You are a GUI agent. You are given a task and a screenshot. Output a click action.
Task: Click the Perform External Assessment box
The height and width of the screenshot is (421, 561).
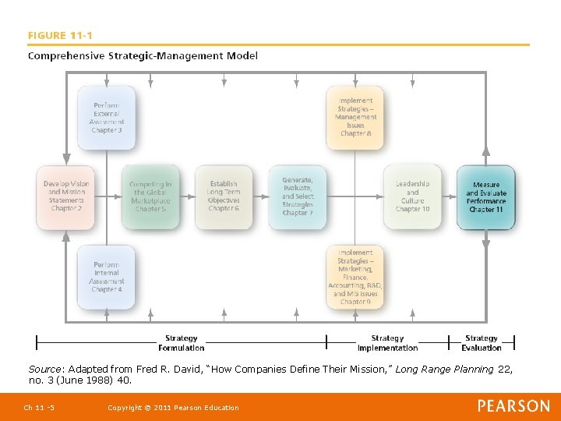tap(107, 118)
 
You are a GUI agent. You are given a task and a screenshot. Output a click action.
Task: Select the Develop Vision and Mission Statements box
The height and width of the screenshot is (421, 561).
tap(66, 196)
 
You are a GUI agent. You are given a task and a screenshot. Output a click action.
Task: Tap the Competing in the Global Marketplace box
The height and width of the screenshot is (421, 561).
tap(150, 196)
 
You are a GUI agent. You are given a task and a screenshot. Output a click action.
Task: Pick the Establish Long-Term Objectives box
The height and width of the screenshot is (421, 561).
tap(224, 196)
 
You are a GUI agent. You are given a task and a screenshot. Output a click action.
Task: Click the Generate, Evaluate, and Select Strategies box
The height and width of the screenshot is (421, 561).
tap(297, 196)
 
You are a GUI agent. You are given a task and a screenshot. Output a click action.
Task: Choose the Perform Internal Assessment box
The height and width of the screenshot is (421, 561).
tap(107, 277)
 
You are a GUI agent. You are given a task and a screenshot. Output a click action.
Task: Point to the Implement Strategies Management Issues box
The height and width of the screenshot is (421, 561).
tap(355, 118)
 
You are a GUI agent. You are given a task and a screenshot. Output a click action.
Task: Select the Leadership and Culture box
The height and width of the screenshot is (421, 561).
tap(412, 196)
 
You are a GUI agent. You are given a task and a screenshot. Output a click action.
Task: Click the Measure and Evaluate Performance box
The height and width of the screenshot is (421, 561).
tap(486, 196)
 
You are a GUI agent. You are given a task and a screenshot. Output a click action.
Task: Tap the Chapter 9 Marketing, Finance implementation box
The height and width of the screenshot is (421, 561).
tap(355, 277)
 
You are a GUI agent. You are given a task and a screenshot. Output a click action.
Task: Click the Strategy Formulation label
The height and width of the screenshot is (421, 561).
tap(182, 343)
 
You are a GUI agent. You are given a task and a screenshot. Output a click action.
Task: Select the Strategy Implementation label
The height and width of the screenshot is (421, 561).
tap(387, 343)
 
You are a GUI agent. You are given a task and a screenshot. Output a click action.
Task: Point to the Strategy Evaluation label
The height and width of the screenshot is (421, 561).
tap(482, 343)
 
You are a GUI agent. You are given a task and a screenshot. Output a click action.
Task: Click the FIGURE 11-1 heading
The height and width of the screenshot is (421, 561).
tap(60, 35)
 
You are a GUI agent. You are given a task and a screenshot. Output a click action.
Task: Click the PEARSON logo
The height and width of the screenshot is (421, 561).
tap(513, 406)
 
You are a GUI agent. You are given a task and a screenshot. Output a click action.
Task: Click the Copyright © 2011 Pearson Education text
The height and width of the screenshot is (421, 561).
tap(173, 408)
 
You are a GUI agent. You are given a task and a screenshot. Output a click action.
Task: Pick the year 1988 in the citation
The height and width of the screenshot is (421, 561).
tap(98, 380)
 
